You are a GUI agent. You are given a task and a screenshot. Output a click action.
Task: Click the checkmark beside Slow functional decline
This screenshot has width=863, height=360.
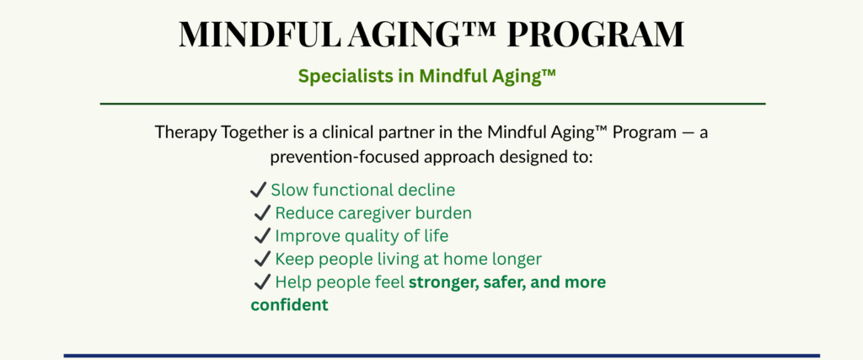258,191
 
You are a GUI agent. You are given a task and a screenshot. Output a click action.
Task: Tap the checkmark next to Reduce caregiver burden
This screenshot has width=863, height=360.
263,213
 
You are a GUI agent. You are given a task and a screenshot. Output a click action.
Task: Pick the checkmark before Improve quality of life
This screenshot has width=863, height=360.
263,236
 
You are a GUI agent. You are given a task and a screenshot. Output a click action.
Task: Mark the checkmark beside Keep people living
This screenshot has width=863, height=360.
263,259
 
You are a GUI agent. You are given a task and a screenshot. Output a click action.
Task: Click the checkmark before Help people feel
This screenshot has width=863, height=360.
263,282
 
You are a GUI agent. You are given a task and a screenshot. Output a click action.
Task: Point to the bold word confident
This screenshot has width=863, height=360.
290,304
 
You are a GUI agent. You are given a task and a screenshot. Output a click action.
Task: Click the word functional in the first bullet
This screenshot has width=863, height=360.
352,191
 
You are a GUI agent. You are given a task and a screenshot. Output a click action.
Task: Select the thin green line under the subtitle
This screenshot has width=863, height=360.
432,104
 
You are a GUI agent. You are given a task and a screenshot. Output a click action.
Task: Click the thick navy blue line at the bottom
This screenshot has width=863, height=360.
442,356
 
